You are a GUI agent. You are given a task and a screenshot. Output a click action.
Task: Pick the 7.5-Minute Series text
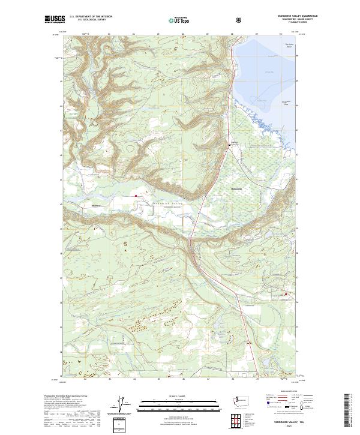[296, 23]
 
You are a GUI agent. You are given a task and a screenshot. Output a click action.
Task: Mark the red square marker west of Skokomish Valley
[136, 195]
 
